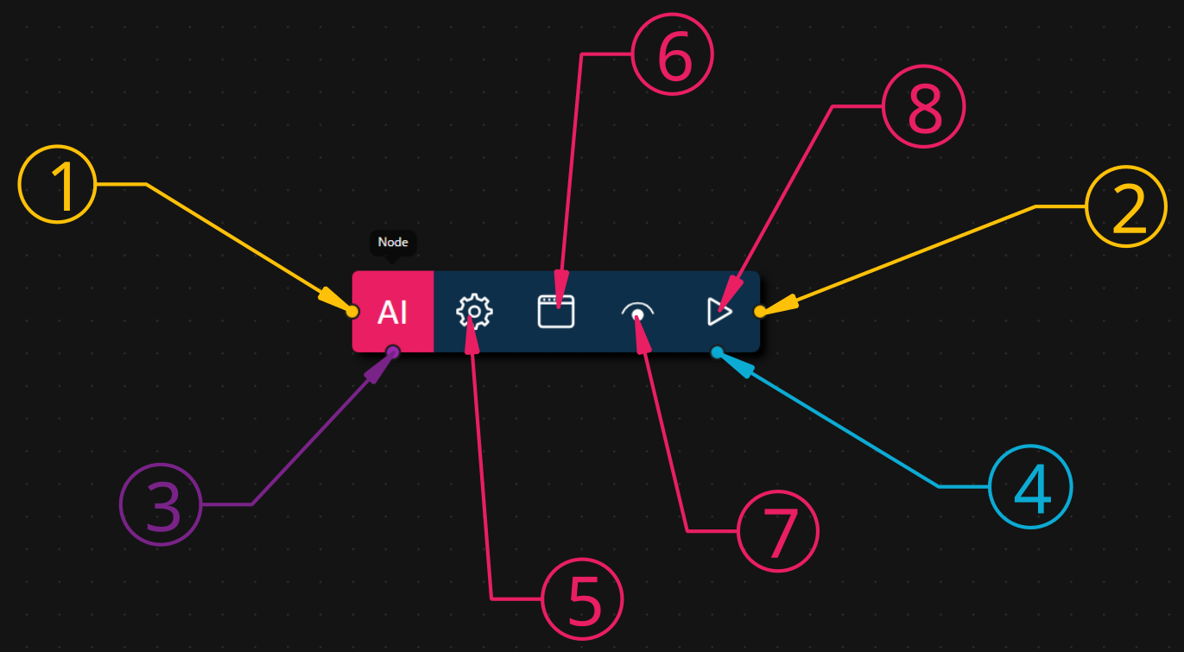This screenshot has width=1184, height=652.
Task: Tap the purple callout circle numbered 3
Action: coord(161,505)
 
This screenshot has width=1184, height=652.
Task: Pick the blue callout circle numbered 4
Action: coord(1030,486)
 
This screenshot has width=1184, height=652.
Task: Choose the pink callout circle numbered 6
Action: coord(674,54)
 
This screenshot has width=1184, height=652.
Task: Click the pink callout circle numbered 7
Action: coord(778,530)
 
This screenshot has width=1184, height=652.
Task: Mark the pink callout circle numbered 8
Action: coord(923,107)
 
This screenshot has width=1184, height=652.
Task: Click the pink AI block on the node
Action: coord(393,312)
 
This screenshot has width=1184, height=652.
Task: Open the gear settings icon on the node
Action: coord(474,312)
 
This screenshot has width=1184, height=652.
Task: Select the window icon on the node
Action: coord(555,311)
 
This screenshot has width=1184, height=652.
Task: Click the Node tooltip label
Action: coord(392,243)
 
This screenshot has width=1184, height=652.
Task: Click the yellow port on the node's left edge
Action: coord(352,312)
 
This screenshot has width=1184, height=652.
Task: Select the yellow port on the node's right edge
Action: coord(760,312)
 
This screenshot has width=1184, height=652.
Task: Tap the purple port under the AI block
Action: coord(393,351)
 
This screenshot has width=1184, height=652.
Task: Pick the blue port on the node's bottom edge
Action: coord(717,351)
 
